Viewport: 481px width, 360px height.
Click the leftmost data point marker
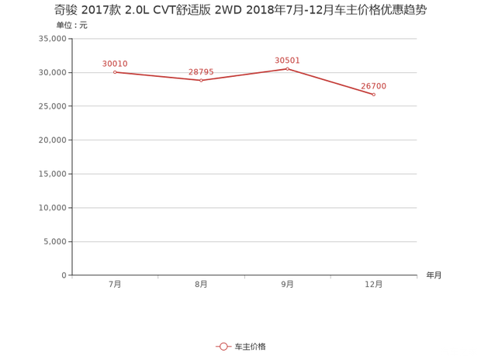(x=115, y=72)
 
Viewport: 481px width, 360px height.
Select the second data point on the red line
(x=201, y=80)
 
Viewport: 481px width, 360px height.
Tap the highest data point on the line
(x=287, y=68)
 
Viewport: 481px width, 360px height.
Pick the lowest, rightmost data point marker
(x=374, y=95)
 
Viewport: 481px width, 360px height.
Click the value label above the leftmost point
(x=114, y=63)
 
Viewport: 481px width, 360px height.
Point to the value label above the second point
(x=201, y=71)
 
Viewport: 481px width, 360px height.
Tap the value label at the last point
(x=374, y=86)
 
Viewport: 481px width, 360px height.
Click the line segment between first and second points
(x=157, y=76)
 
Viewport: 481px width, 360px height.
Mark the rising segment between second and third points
(x=244, y=74)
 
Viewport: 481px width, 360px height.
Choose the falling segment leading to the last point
(x=330, y=81)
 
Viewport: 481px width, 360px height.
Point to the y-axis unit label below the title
(x=71, y=25)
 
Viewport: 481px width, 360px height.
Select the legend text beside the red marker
(x=250, y=345)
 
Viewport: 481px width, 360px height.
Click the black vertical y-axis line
(x=71, y=155)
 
